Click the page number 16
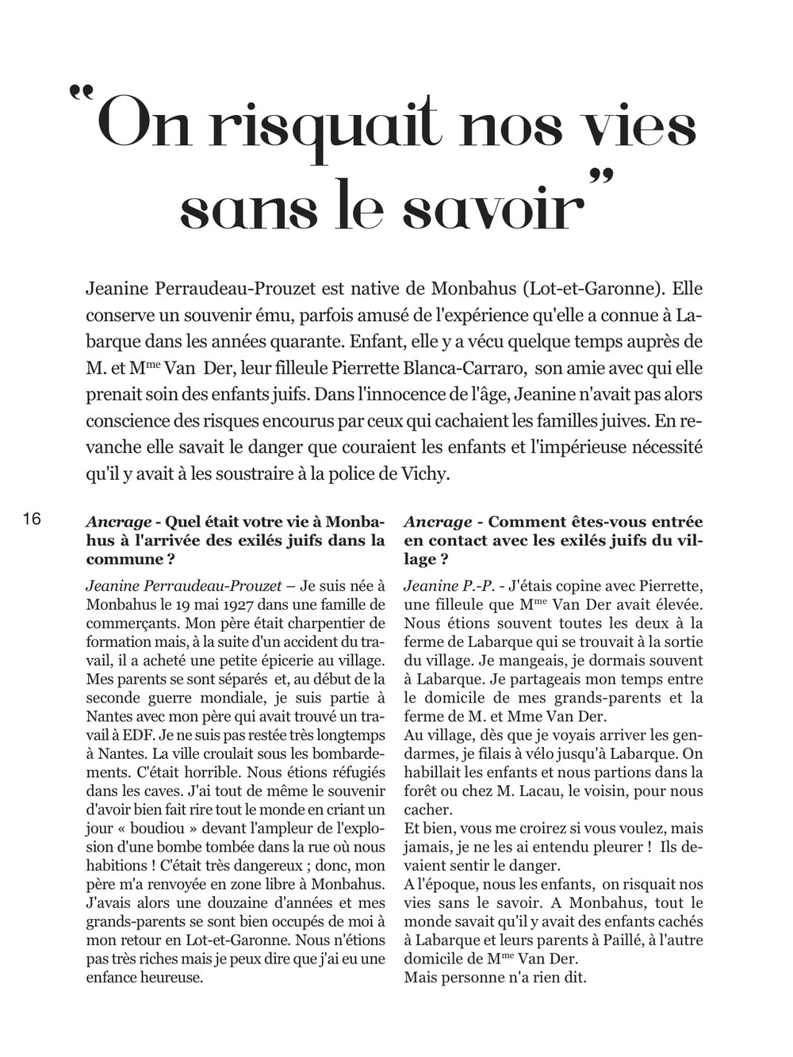coord(32,520)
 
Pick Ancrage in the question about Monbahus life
coord(119,522)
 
